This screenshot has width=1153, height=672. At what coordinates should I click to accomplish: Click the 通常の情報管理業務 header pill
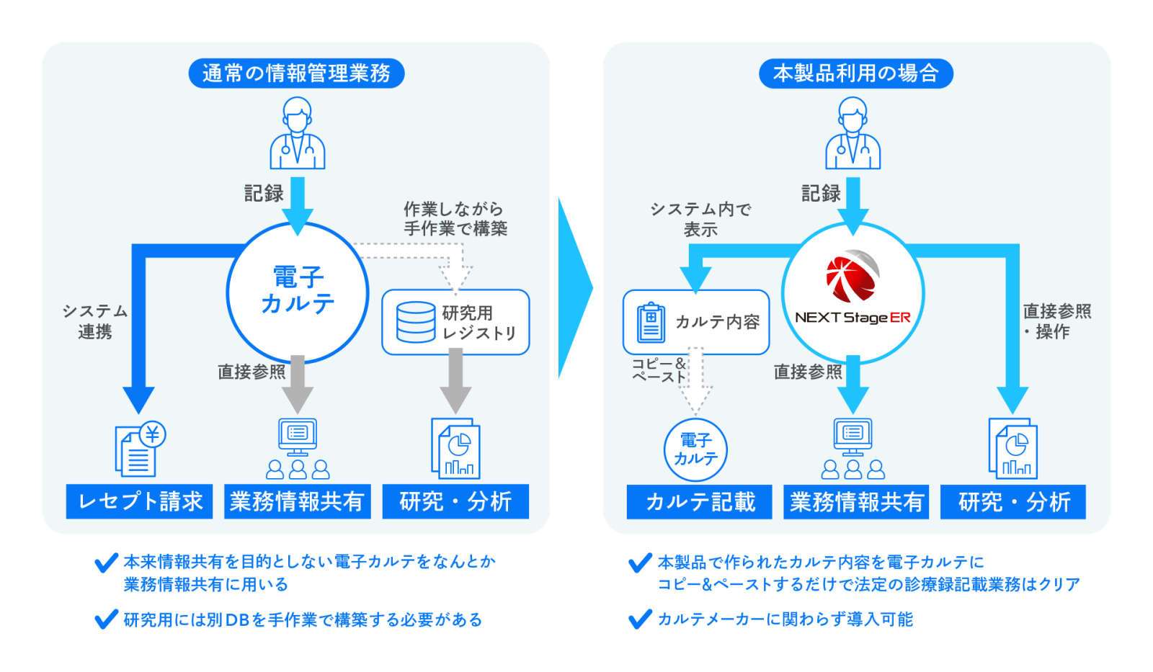[x=296, y=73]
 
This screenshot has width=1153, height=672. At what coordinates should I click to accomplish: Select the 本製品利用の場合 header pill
[x=855, y=73]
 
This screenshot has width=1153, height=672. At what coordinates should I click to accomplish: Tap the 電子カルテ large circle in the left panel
[x=298, y=292]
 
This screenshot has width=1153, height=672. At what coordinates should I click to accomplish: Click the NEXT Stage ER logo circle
[x=852, y=293]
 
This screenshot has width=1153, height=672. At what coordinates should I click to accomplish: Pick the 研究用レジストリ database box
[x=455, y=322]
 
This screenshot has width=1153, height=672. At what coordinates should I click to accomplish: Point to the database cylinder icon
[x=416, y=322]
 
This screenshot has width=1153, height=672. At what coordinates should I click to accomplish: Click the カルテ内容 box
[x=696, y=322]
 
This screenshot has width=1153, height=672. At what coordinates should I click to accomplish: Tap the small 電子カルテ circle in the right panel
[x=695, y=449]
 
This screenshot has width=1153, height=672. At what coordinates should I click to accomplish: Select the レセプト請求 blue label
[x=139, y=501]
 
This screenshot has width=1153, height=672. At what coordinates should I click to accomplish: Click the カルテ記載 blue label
[x=700, y=501]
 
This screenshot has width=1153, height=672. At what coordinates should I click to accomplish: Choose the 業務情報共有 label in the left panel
[x=297, y=501]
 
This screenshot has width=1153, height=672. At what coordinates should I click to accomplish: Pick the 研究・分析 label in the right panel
[x=1013, y=501]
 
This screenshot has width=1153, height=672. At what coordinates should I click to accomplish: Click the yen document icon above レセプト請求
[x=140, y=449]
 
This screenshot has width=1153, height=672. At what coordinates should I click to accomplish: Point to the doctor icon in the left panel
[x=298, y=135]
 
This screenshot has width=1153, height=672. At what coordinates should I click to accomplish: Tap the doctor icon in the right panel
[x=852, y=135]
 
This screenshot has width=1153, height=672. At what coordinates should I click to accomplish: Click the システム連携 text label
[x=94, y=321]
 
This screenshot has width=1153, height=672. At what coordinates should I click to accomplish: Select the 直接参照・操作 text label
[x=1056, y=321]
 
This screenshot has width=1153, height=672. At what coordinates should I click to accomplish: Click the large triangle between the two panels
[x=574, y=288]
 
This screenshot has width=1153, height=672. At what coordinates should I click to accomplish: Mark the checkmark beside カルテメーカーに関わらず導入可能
[x=639, y=619]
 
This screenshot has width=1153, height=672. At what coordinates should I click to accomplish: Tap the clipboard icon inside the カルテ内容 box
[x=651, y=322]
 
